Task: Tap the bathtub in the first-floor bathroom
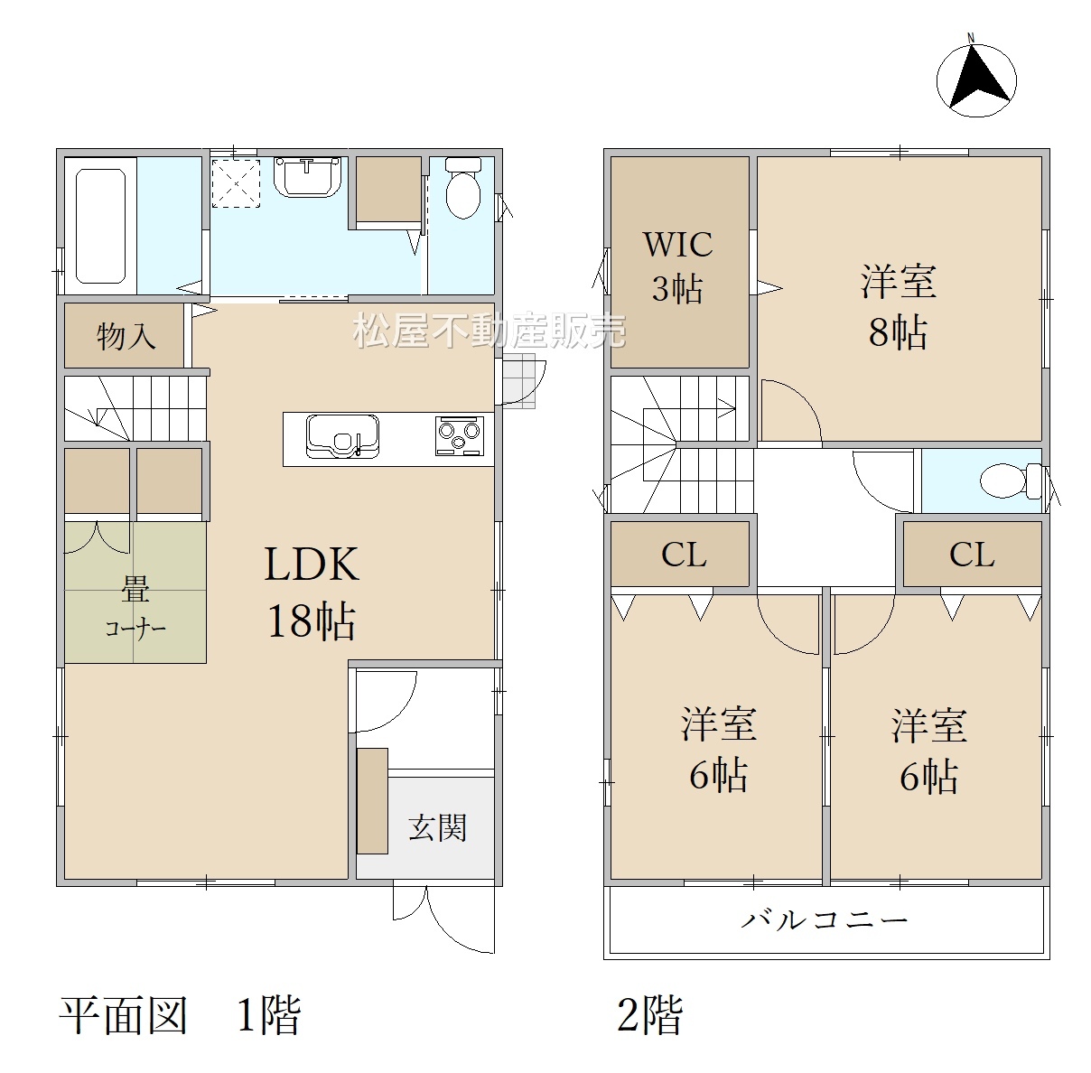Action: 100,226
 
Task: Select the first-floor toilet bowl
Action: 462,188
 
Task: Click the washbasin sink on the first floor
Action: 307,177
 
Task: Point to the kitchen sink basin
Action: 342,435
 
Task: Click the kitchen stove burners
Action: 459,435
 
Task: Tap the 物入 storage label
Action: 126,336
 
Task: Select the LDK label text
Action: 312,564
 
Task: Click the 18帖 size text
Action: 312,621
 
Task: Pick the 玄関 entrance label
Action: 437,828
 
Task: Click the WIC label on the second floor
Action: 677,244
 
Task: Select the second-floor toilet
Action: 1011,481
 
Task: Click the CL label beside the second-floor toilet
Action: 972,555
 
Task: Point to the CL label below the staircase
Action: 684,555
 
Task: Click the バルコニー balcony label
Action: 825,921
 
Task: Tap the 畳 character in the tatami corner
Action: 135,590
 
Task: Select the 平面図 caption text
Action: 124,1015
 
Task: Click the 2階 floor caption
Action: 650,1015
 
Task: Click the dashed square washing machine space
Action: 236,182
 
